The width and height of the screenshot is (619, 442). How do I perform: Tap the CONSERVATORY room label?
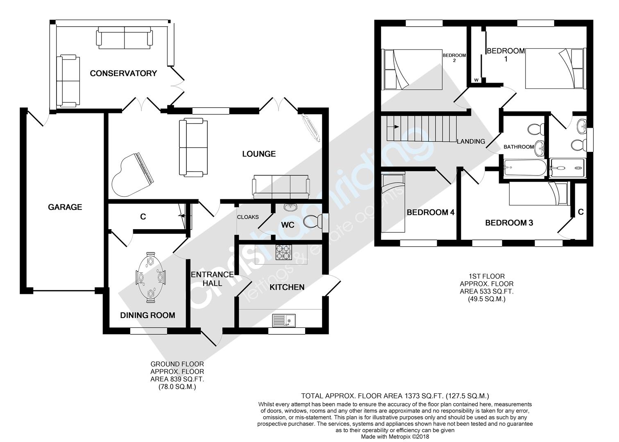(123, 73)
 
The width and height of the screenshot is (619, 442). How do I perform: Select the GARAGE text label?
(65, 207)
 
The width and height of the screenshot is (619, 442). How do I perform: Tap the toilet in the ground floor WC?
(312, 222)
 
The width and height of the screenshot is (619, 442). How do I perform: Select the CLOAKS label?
(248, 217)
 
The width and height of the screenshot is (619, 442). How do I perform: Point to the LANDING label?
(471, 142)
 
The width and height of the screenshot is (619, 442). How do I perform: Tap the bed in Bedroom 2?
(412, 70)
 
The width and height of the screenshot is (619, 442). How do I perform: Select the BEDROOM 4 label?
(431, 212)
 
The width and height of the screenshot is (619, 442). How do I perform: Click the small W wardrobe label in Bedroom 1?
(476, 80)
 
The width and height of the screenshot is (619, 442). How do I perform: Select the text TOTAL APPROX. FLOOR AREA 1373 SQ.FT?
(395, 396)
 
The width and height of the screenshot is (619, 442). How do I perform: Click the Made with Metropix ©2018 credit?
(395, 437)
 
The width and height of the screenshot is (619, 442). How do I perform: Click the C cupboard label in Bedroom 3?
(580, 212)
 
